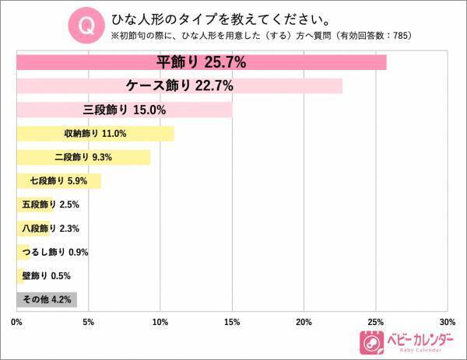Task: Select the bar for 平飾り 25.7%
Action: [x=202, y=62]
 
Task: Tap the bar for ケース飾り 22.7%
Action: [x=180, y=86]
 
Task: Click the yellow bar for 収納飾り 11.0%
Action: [x=95, y=134]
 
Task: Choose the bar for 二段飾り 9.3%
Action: [x=83, y=157]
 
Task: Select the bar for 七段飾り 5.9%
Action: [x=59, y=181]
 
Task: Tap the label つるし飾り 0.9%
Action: [x=58, y=253]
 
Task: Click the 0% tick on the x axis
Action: [x=17, y=322]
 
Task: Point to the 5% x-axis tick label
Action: [x=89, y=322]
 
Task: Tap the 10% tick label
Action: [x=160, y=322]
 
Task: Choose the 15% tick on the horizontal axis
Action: [x=232, y=322]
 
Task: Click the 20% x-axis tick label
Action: [x=304, y=322]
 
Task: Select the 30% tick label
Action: [x=447, y=322]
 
